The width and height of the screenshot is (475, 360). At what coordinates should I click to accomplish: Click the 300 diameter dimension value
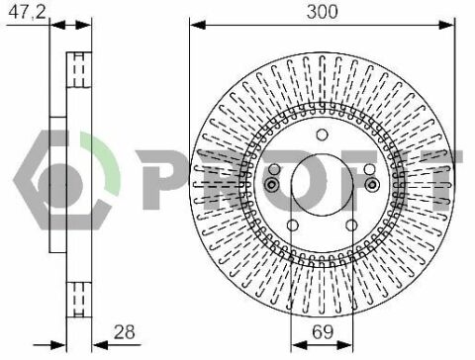coord(322,12)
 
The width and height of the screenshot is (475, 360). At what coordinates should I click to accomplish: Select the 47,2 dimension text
coord(27,13)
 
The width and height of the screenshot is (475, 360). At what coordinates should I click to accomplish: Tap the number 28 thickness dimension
coord(125,332)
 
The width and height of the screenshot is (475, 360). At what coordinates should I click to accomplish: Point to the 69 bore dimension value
coord(323,332)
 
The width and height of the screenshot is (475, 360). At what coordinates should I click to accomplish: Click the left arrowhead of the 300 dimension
coord(198,25)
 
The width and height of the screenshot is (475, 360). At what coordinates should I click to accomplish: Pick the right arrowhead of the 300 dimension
coord(447,25)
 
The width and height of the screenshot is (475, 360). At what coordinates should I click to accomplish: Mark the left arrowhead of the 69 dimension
coord(299,345)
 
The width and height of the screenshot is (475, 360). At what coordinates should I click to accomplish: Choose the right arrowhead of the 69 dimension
coord(344,345)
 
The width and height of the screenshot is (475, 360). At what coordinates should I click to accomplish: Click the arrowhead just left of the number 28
coord(100,345)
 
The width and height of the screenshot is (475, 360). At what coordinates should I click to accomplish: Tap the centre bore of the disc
coord(323,184)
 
